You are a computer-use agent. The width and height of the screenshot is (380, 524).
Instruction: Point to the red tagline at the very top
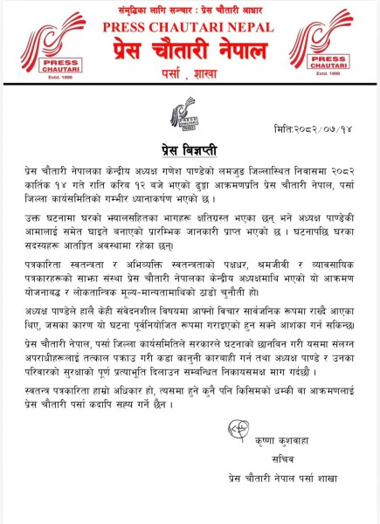[x=190, y=7]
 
